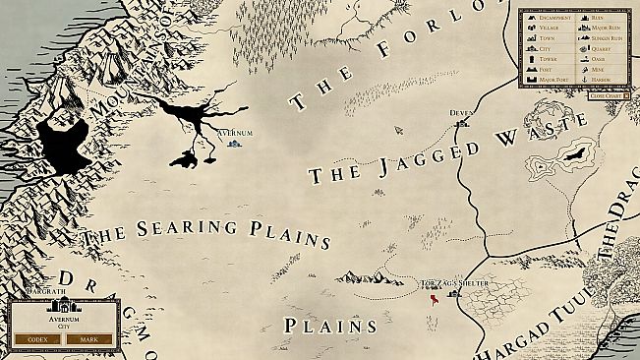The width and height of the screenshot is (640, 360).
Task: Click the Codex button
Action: tap(37, 339)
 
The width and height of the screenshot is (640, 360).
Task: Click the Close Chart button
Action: tap(607, 95)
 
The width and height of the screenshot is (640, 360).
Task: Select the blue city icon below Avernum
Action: tap(234, 144)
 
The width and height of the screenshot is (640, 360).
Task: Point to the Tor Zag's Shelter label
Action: tap(454, 284)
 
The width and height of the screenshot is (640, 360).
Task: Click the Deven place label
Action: tap(461, 113)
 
